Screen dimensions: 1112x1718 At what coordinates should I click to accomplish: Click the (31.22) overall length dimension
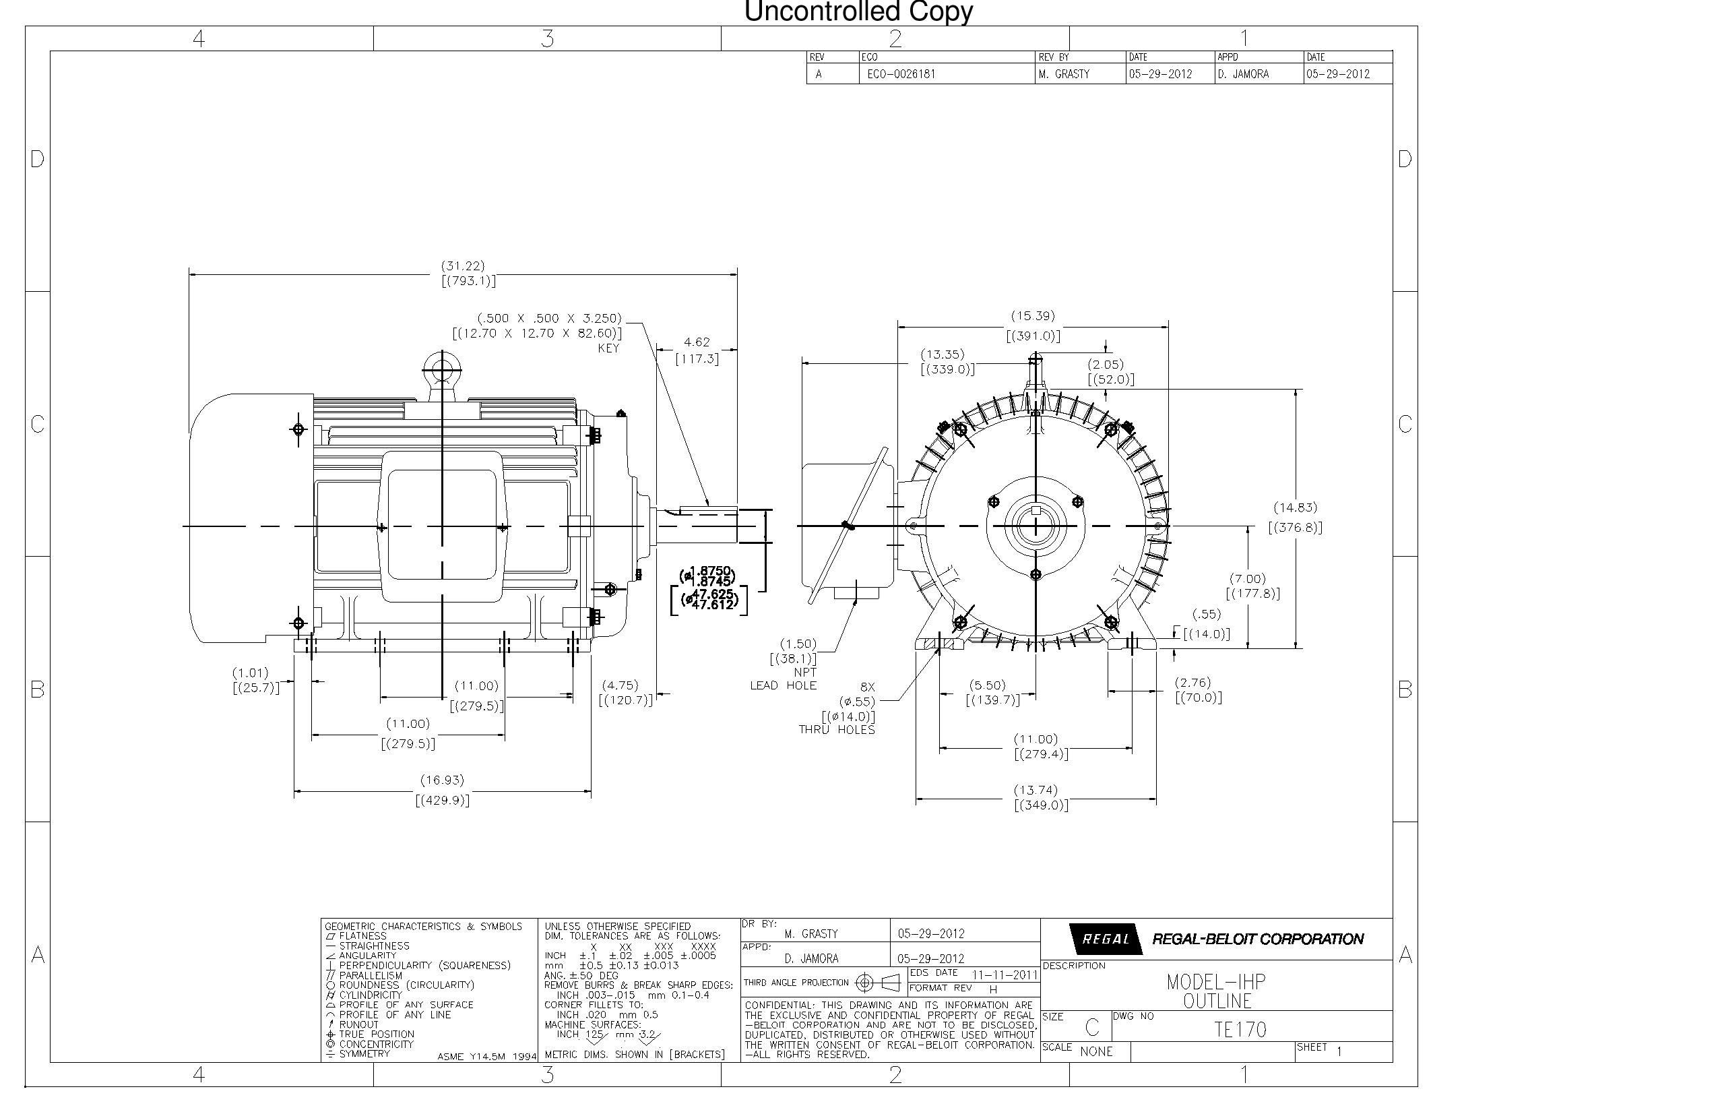[x=463, y=266]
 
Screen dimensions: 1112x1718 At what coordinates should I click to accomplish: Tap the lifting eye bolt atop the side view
[x=441, y=371]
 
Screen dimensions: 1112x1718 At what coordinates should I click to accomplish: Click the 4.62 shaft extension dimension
[x=697, y=342]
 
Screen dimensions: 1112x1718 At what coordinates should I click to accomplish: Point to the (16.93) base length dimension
[x=442, y=780]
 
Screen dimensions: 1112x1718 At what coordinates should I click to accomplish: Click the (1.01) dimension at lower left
[x=250, y=673]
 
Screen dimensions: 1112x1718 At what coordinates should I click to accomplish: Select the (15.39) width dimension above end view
[x=1032, y=316]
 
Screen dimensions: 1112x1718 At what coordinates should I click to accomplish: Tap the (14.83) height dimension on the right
[x=1295, y=507]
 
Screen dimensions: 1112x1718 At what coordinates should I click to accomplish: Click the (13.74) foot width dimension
[x=1035, y=791]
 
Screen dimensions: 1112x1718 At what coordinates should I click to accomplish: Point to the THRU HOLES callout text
[x=837, y=730]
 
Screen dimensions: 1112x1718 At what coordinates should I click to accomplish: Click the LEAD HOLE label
[x=783, y=686]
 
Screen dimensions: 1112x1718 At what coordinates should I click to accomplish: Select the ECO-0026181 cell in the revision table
[x=901, y=74]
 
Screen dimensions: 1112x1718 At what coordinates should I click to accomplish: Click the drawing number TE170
[x=1240, y=1030]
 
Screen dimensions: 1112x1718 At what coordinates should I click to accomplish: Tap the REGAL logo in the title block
[x=1105, y=939]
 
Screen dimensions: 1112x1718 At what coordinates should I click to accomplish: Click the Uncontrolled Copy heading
[x=858, y=11]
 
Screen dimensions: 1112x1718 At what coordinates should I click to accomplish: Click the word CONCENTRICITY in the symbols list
[x=376, y=1045]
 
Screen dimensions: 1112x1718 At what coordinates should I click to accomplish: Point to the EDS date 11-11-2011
[x=1004, y=975]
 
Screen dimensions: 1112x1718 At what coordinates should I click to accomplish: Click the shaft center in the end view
[x=1036, y=526]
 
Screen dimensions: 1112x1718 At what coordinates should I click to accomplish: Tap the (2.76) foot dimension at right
[x=1192, y=682]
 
